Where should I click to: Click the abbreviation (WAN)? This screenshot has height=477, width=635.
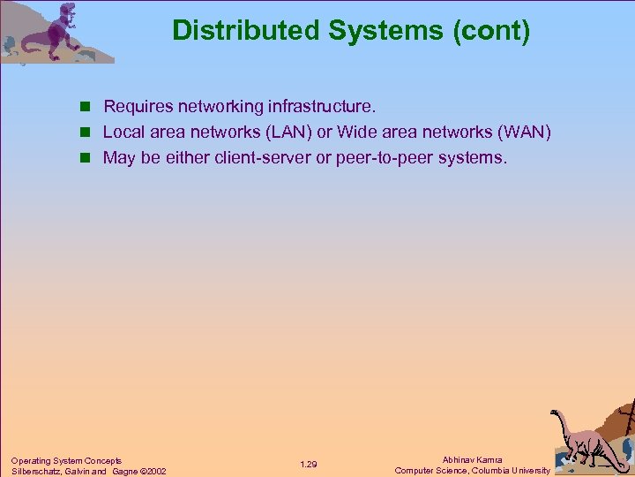(x=526, y=132)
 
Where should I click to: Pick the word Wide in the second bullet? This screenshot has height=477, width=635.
(x=355, y=132)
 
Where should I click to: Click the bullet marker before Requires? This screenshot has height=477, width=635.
(x=86, y=107)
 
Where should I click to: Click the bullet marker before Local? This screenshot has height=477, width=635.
(x=86, y=132)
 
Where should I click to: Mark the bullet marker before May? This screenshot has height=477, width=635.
(x=86, y=158)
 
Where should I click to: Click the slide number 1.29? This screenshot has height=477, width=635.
(x=309, y=465)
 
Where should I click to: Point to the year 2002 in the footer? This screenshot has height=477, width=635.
(x=153, y=471)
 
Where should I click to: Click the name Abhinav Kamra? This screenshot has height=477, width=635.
(x=472, y=459)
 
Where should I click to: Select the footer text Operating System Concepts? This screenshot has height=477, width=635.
(x=66, y=460)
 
